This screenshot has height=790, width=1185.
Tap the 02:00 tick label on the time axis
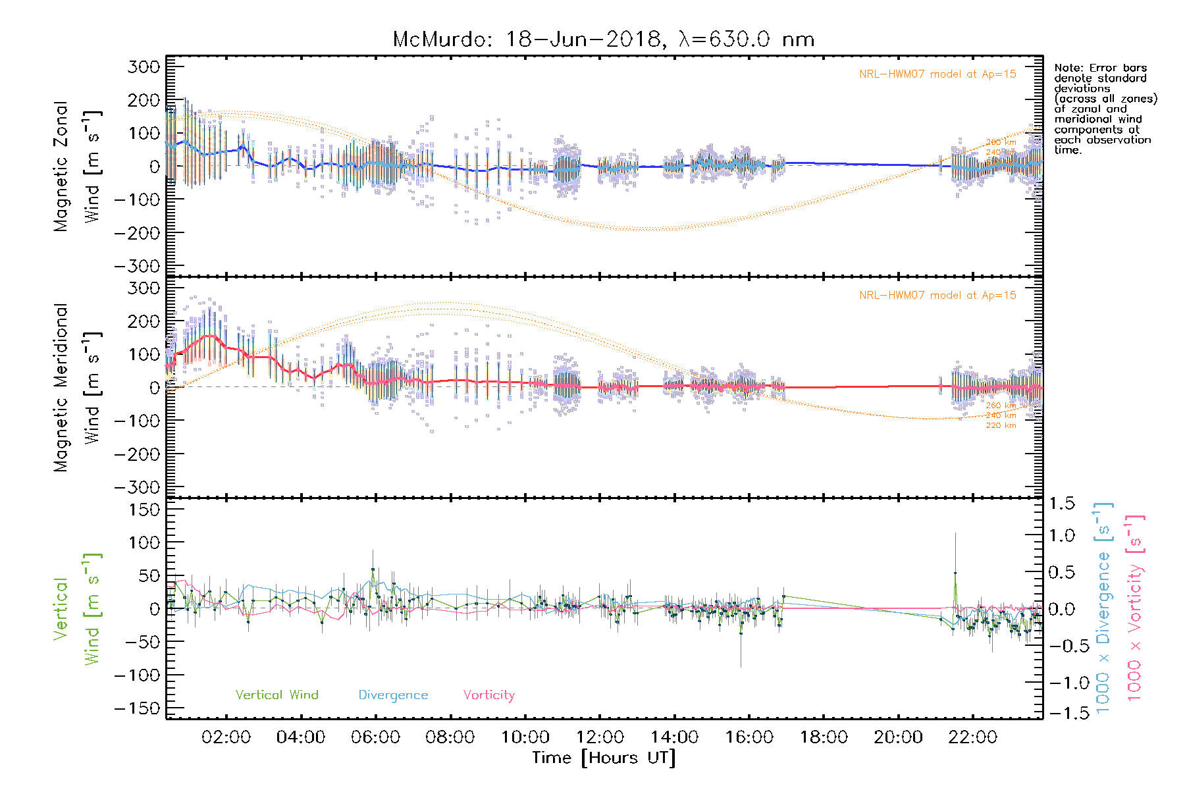tap(226, 737)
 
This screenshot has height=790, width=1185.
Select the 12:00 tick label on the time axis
tap(600, 737)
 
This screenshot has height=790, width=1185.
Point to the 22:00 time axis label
tap(973, 737)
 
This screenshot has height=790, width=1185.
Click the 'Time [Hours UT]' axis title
tap(604, 758)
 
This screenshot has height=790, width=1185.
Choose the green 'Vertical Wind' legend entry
tap(276, 695)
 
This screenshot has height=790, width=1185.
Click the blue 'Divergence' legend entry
tap(393, 695)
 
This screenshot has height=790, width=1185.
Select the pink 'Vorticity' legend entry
tap(488, 695)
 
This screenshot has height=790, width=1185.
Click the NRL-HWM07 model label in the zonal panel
tap(937, 74)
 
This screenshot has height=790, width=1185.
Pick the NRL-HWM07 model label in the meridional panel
tap(937, 295)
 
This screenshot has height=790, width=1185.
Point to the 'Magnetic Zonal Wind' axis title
tap(78, 166)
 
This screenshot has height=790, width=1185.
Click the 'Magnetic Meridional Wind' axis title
tap(78, 387)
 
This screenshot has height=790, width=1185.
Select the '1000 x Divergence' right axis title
tap(1103, 608)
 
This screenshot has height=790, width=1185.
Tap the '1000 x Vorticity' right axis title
tap(1134, 608)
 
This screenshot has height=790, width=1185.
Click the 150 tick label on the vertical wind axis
tap(144, 510)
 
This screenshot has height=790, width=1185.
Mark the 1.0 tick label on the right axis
tap(1061, 535)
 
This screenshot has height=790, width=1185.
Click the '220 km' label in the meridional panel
tap(1001, 425)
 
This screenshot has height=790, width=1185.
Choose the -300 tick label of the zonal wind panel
tap(137, 266)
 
